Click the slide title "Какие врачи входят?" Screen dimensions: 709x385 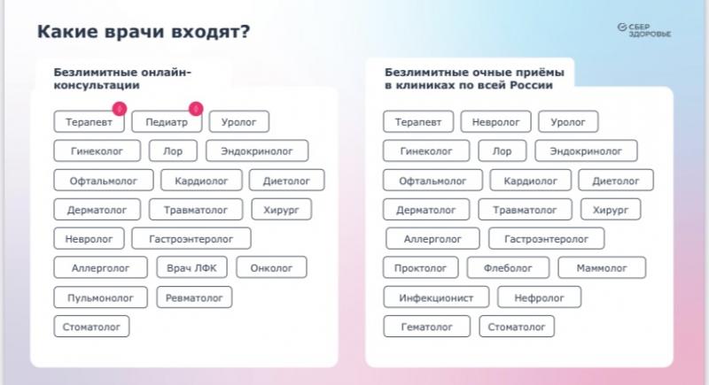[144, 32]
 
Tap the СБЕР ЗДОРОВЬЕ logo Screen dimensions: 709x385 [644, 30]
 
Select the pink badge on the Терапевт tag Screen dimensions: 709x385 [120, 109]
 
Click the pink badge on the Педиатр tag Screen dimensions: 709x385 [196, 109]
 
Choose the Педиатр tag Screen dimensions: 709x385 [167, 122]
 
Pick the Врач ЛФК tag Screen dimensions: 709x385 [191, 267]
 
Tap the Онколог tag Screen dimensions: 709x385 [271, 267]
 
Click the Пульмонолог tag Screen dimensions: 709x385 [100, 297]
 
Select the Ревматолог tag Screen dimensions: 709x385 [194, 297]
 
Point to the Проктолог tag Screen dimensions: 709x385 [420, 267]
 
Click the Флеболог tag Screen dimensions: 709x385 [508, 267]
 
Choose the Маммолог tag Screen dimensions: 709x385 [602, 267]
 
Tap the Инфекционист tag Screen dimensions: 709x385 [436, 297]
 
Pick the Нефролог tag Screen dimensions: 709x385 [539, 297]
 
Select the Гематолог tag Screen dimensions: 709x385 [427, 327]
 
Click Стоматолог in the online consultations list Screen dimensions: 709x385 [91, 327]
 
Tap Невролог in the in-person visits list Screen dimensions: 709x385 [496, 122]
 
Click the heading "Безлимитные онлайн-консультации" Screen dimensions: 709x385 [122, 79]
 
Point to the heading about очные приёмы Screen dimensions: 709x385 [474, 79]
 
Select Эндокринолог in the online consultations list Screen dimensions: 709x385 [257, 151]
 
